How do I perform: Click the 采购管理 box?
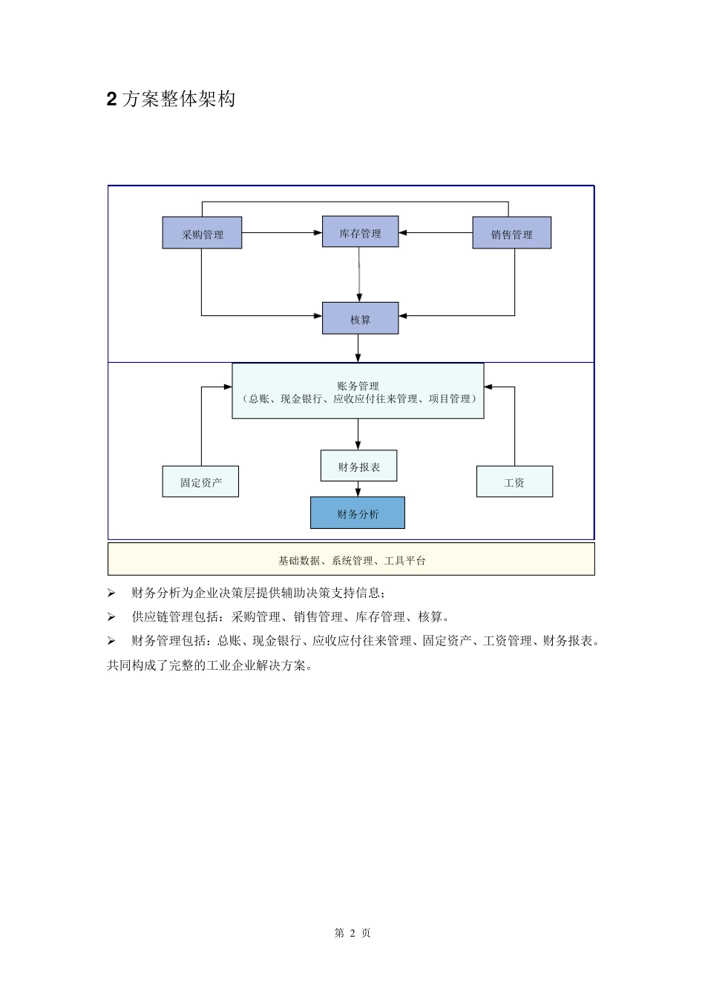point(202,233)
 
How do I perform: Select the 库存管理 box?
point(360,232)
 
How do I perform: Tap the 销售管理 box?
point(511,233)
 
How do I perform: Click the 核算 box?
point(360,318)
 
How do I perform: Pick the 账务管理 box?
point(358,391)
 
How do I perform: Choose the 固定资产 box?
point(200,482)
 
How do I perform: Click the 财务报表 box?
point(358,466)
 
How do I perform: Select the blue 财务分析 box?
point(358,513)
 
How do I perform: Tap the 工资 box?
point(514,481)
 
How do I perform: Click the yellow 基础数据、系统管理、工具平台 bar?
point(351,560)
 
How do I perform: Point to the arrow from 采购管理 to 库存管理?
point(282,233)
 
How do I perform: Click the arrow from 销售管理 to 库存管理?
point(436,233)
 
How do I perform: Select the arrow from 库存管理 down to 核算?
point(359,274)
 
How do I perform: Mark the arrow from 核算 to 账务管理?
point(358,348)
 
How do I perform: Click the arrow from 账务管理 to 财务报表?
point(358,434)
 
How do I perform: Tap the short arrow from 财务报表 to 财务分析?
point(358,489)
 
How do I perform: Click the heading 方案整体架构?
point(179,99)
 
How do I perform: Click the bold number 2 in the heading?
point(112,99)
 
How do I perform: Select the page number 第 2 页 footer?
point(352,933)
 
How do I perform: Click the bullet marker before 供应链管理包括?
point(111,617)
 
